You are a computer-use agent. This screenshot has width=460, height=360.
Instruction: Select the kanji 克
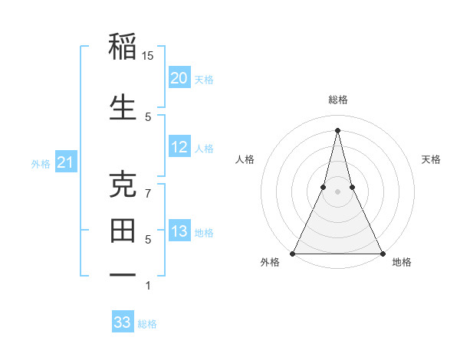click(x=123, y=186)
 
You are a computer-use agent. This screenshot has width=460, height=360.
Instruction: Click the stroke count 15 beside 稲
click(x=149, y=56)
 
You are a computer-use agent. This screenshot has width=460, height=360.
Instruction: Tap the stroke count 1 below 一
click(x=149, y=286)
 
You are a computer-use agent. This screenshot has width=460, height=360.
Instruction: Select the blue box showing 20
click(x=179, y=77)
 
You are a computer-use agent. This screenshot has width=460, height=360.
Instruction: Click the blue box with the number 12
click(x=179, y=147)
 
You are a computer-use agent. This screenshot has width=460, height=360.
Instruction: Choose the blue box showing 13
click(x=179, y=231)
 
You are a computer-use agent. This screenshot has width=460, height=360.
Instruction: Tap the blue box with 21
click(x=66, y=162)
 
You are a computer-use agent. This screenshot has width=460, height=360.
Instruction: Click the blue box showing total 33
click(x=123, y=322)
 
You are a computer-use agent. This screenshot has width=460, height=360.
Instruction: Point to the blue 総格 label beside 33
click(x=147, y=324)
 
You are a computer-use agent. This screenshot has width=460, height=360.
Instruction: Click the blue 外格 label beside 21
click(x=41, y=164)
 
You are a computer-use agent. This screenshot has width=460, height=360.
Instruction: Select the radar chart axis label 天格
click(x=431, y=159)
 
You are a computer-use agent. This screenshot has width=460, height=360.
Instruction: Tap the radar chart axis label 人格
click(x=245, y=159)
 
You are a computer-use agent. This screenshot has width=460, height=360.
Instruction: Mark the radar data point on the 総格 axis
click(x=337, y=129)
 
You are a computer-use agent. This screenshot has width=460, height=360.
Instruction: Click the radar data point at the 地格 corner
click(x=382, y=253)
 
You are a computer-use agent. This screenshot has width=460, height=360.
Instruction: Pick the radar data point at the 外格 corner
click(x=293, y=253)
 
